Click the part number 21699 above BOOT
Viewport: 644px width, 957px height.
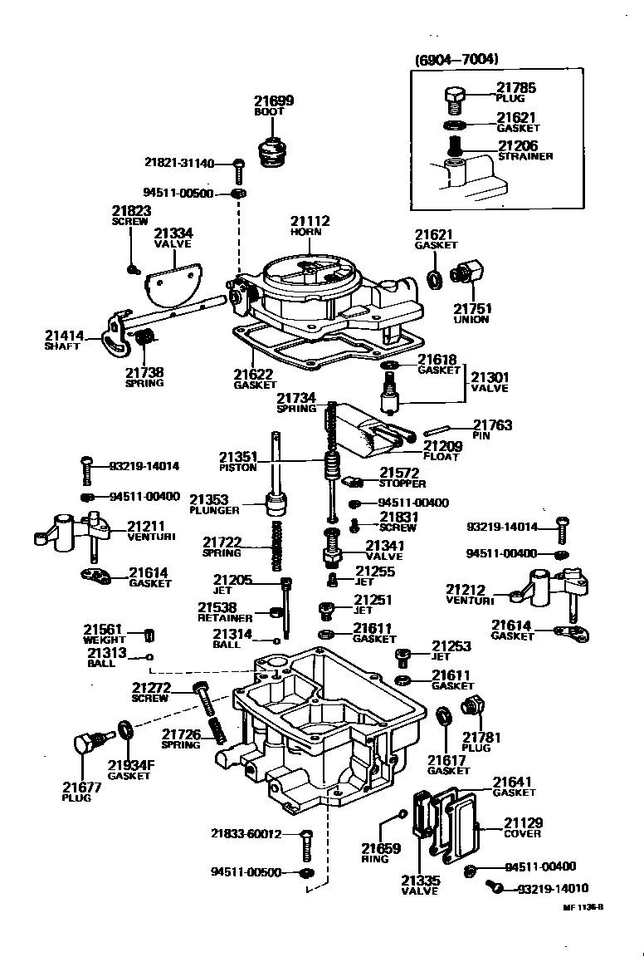tap(273, 101)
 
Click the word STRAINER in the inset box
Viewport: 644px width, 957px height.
tap(525, 156)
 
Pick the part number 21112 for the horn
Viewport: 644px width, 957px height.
tap(310, 221)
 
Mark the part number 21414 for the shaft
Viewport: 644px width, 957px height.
tap(65, 336)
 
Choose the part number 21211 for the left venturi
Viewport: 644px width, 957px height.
tap(146, 526)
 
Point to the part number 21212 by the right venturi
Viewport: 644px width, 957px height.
tap(466, 589)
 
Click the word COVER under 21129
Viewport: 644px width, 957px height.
tap(523, 833)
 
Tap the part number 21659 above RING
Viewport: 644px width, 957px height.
tap(381, 848)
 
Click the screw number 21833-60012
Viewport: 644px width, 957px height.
tap(246, 834)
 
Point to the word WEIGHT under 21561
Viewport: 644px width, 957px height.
tap(105, 640)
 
